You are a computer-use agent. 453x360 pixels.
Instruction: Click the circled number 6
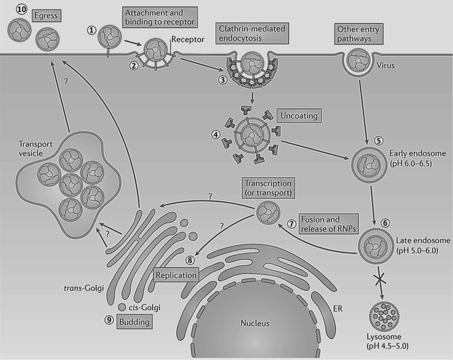click(x=384, y=224)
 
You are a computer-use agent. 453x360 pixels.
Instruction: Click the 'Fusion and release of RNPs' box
click(x=328, y=223)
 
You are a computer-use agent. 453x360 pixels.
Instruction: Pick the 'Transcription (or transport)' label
click(x=269, y=189)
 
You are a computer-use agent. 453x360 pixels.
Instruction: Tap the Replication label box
click(x=177, y=275)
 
